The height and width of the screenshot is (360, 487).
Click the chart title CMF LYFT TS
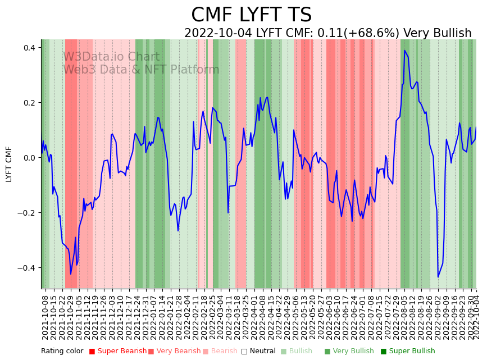[x=251, y=15]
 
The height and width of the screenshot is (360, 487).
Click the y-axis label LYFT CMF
[x=9, y=164]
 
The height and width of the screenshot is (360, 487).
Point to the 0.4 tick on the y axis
[x=29, y=48]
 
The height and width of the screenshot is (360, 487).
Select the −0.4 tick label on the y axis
[x=26, y=268]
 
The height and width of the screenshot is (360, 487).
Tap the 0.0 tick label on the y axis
[x=29, y=158]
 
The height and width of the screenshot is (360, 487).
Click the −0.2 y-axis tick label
[x=26, y=213]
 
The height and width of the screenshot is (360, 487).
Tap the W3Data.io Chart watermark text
[x=111, y=57]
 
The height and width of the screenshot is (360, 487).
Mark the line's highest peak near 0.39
[x=404, y=51]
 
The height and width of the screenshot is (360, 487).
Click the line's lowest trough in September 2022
[x=438, y=276]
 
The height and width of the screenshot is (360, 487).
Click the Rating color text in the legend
[x=62, y=352]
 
